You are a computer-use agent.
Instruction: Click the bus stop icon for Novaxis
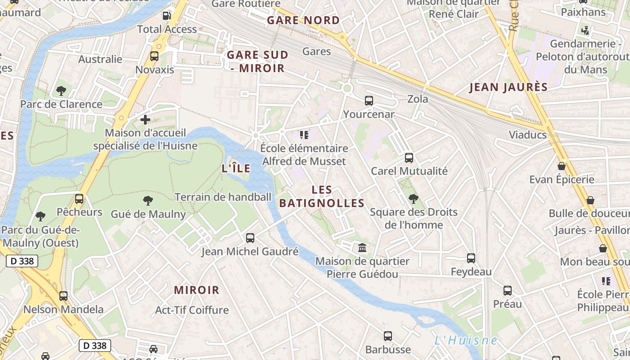154,56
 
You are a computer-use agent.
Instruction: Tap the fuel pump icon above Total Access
166,16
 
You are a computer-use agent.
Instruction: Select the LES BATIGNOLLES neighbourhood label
321,197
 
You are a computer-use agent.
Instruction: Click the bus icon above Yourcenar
369,101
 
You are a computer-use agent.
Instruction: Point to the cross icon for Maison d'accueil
145,120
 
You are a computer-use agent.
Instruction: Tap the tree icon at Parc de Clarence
61,91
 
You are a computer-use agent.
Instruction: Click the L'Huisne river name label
466,340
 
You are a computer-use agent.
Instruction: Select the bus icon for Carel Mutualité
409,158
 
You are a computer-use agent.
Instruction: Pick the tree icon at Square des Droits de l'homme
413,198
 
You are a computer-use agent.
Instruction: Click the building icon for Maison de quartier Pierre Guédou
362,247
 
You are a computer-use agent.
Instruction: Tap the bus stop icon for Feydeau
471,258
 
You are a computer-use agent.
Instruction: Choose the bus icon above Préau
507,291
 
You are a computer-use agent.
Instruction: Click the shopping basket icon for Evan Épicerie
561,166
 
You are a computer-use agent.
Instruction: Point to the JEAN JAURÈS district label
508,87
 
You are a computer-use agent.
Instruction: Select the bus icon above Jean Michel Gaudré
250,238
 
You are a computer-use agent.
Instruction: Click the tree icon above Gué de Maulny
148,201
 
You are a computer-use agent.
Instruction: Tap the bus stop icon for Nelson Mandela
63,296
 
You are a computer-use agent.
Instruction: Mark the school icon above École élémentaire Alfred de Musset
304,135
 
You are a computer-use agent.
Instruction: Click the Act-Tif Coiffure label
192,310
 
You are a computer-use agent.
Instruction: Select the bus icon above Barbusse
387,336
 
